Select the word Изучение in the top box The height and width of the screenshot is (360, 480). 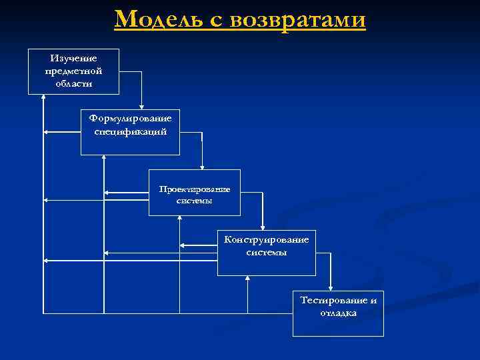[x=73, y=59]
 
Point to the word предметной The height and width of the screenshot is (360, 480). [x=73, y=71]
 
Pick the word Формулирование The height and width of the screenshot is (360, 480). [x=131, y=118]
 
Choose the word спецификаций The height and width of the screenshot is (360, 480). [x=131, y=131]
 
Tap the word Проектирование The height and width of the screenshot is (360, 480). [x=195, y=189]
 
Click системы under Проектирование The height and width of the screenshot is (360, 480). [x=195, y=201]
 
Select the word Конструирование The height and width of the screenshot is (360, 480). [x=267, y=239]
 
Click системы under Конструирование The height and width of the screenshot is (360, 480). [x=267, y=253]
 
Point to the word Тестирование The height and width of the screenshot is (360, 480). [x=339, y=300]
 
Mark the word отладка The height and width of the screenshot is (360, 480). [x=339, y=313]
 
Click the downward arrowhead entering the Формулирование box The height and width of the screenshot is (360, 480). [x=141, y=106]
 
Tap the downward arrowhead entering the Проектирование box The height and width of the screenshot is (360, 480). [x=202, y=167]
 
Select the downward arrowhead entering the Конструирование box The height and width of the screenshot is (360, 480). [x=263, y=227]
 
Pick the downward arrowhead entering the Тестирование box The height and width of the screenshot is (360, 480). [x=330, y=287]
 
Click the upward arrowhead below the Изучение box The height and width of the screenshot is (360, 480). [x=43, y=98]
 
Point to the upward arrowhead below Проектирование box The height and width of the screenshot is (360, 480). [x=180, y=219]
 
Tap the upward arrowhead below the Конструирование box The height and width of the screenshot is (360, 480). [x=247, y=279]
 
